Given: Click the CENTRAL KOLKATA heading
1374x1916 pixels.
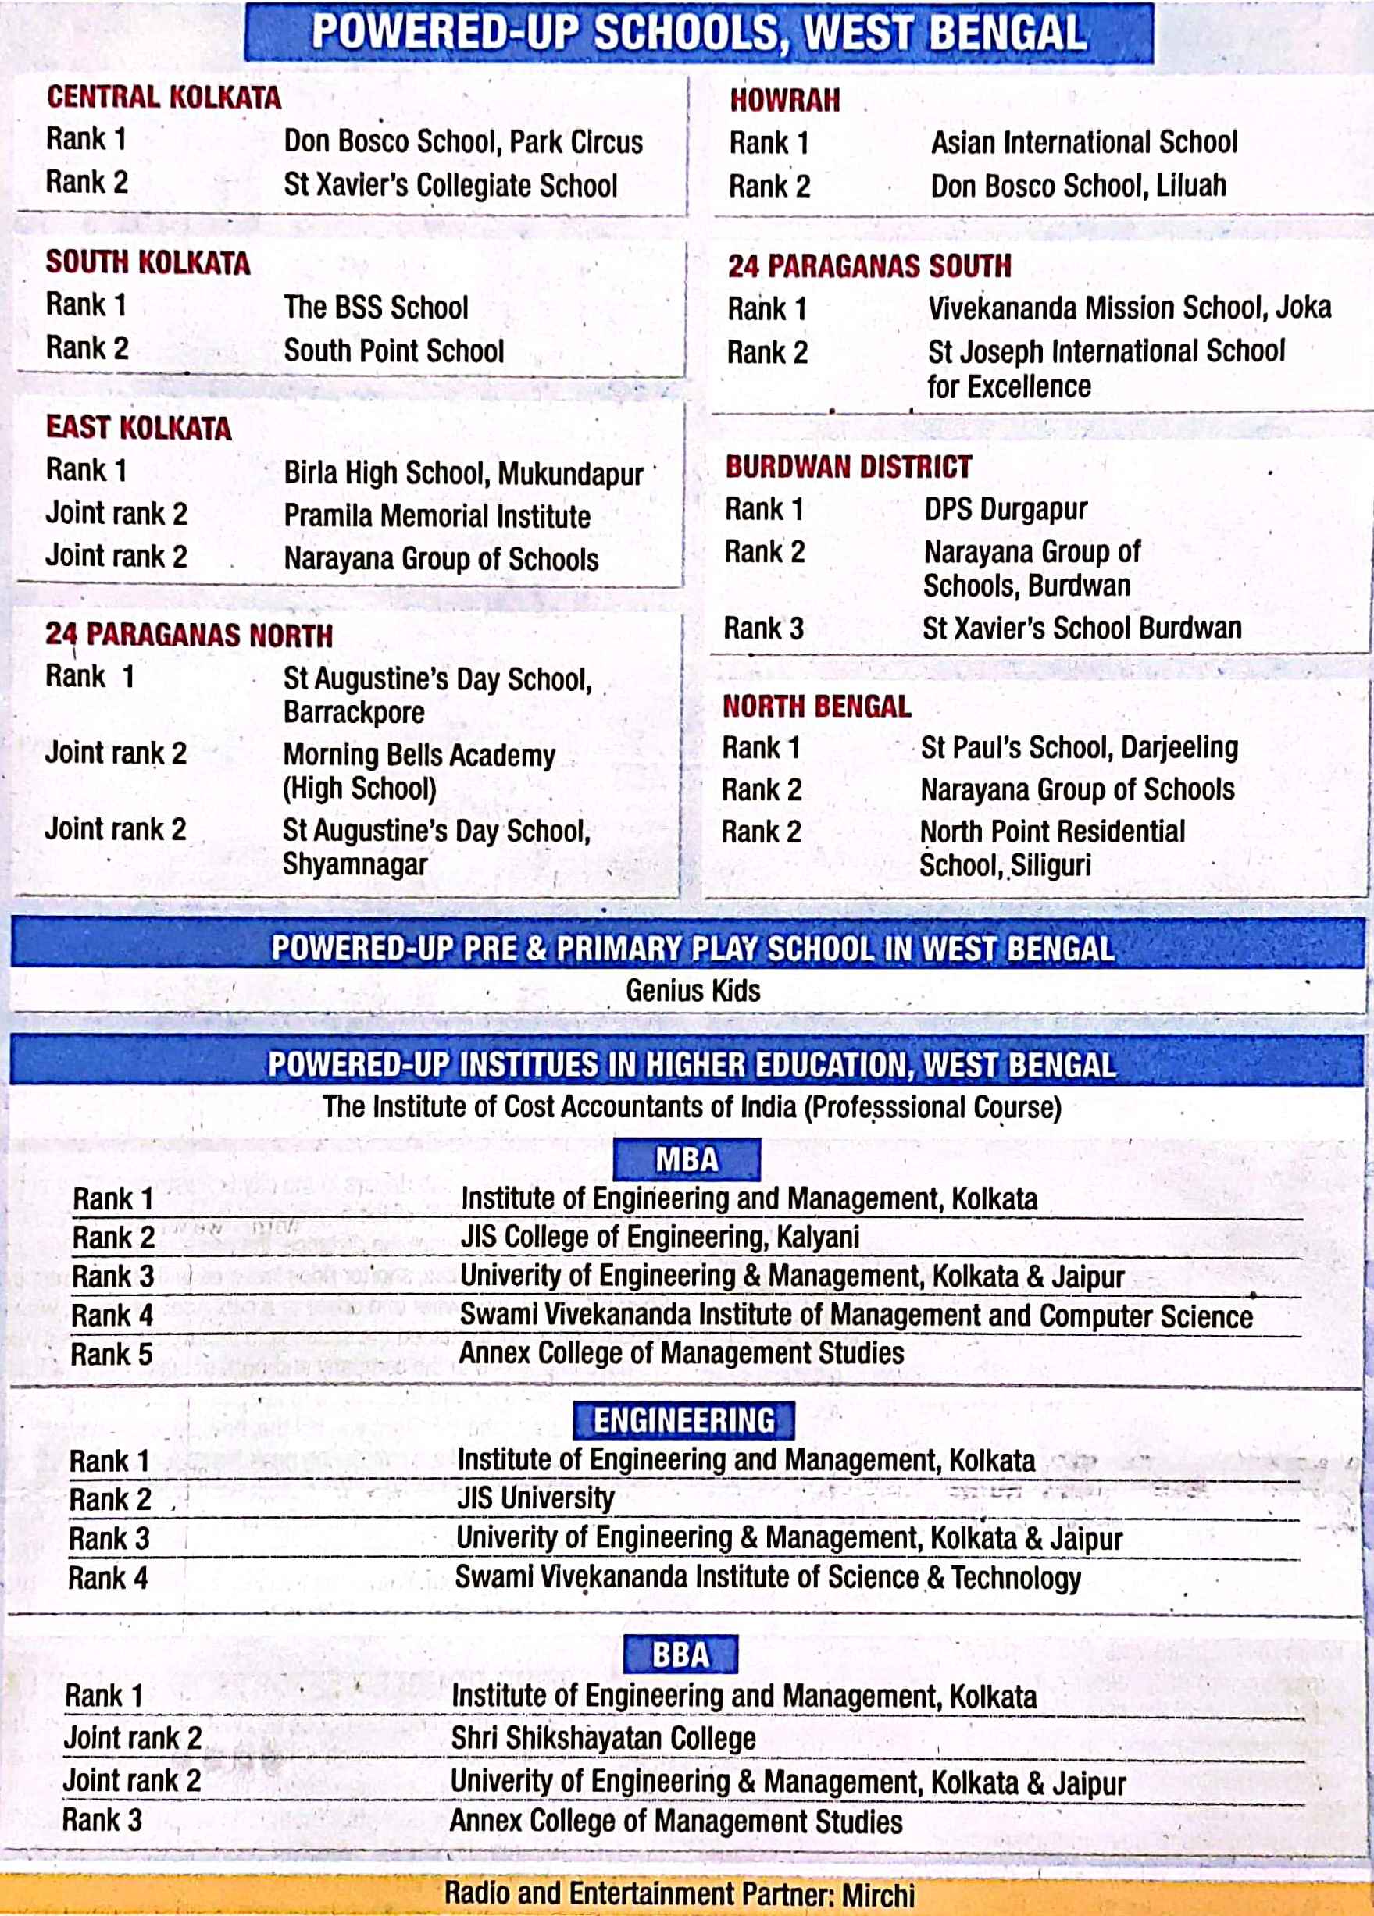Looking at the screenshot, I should pos(163,97).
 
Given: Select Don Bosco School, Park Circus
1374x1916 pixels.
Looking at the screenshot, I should pos(462,141).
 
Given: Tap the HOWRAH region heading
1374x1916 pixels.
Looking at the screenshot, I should pos(784,101).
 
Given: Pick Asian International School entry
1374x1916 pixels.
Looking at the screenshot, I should pos(1083,142).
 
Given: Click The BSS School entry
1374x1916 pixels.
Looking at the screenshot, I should pos(375,308).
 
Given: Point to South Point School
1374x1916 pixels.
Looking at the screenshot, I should pos(393,351).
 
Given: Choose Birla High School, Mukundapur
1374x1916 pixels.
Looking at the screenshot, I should pos(463,473).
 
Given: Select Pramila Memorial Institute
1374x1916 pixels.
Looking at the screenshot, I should pos(436,516).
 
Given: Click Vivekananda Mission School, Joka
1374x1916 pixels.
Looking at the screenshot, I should pos(1129,308).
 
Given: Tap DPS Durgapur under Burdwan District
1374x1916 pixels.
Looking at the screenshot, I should pos(1005,509).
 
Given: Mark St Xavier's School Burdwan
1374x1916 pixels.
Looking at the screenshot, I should pos(1082,629).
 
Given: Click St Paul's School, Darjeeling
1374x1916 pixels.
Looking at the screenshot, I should pos(1079,748).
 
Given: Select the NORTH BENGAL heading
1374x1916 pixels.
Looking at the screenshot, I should pos(816,707).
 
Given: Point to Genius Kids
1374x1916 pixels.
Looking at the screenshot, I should pos(692,990).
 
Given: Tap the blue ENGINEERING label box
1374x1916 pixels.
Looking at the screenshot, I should pos(683,1420).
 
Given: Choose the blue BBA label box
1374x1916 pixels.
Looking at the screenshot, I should pos(680,1654).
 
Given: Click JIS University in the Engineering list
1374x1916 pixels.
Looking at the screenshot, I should pos(535,1498).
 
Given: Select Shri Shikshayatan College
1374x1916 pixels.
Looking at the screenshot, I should pos(602,1739).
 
